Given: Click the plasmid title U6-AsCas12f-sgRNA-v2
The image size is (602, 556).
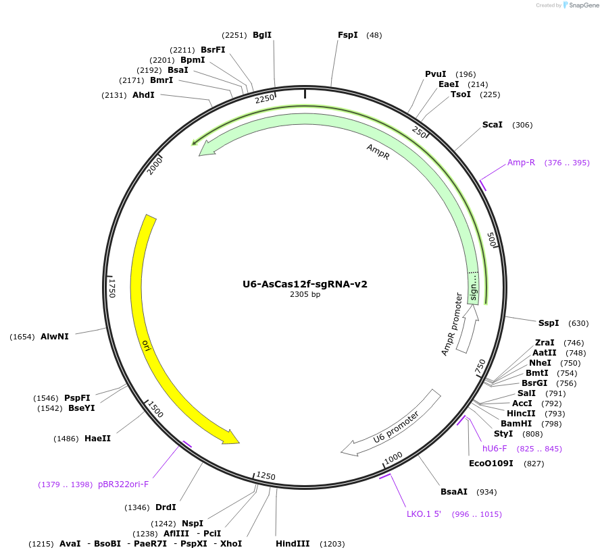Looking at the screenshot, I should coord(305,284).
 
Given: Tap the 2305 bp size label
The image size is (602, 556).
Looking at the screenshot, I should coord(305,294).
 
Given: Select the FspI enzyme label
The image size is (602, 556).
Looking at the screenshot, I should coord(347,35).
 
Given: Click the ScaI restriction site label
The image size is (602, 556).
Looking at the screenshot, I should coord(492,125).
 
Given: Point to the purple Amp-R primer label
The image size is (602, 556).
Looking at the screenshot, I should coord(521,163).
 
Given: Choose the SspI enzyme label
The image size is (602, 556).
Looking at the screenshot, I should coord(549,323).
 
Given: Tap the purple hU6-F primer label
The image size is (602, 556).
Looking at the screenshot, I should coord(495,449).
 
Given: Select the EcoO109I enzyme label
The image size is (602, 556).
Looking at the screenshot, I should coord(491,464).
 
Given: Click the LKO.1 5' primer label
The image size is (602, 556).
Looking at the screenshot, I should coord(424,514).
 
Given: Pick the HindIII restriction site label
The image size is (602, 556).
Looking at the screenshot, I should coord(293,544).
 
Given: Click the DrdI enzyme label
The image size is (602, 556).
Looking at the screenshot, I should coord(166,507).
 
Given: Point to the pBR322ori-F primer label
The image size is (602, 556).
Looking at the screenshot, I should coord(123,484).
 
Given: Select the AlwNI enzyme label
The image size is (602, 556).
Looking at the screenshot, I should coord(55,336).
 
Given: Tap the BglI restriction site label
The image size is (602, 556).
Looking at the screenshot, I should coord(262,35).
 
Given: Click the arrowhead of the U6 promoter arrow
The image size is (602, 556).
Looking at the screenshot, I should coord(349,448).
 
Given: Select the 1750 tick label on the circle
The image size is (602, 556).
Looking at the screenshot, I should coord(112,287).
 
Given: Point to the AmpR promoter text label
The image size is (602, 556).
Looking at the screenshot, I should coord(451,325).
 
